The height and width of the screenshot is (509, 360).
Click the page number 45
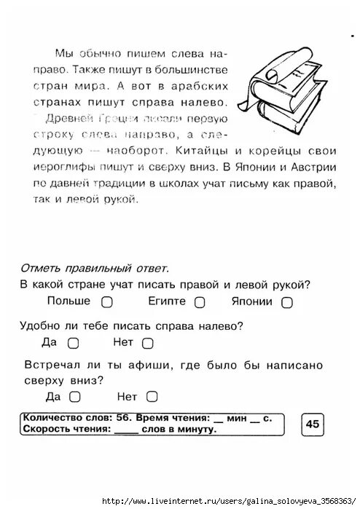click(x=313, y=424)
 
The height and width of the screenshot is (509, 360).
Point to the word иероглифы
click(x=61, y=166)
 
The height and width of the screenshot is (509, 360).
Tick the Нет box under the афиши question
click(x=152, y=397)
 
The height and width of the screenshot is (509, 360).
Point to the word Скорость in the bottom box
click(x=47, y=429)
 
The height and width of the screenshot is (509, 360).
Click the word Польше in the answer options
click(x=69, y=301)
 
